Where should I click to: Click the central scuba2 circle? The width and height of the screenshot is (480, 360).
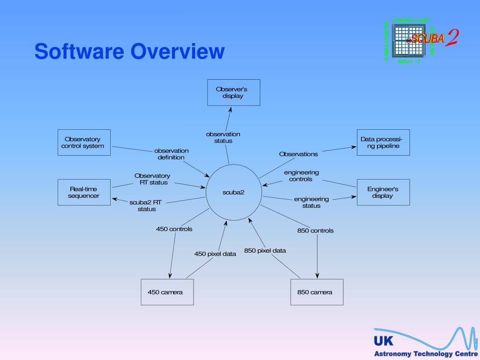click(x=233, y=192)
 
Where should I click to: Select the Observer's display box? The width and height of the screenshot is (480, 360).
click(x=233, y=92)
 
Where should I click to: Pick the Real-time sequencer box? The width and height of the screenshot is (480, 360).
click(x=84, y=192)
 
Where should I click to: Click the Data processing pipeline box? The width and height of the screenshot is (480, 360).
click(x=383, y=142)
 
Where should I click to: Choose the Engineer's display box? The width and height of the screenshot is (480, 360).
click(x=383, y=192)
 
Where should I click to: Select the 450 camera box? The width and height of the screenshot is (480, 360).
click(x=167, y=292)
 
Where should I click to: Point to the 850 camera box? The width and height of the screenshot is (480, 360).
click(x=316, y=292)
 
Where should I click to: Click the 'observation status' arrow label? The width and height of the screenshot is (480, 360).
click(x=223, y=137)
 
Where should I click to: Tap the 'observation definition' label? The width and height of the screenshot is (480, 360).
click(x=171, y=154)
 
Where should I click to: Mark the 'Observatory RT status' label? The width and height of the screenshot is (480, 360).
click(x=152, y=179)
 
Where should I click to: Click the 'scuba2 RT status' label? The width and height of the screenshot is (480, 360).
click(x=146, y=206)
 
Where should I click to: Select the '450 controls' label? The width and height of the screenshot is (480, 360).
click(x=174, y=229)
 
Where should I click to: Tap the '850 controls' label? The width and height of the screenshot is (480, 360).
click(x=315, y=231)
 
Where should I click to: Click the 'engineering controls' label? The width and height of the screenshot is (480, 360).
click(x=301, y=176)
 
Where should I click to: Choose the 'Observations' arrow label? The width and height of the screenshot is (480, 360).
click(x=298, y=154)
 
